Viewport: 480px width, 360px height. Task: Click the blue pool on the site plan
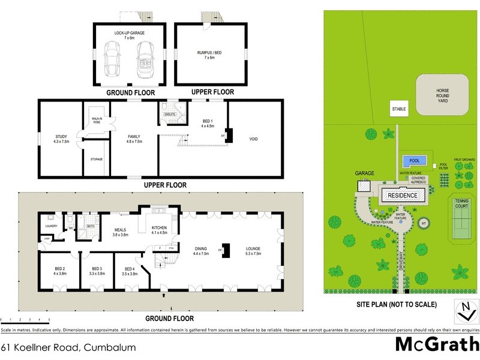pos(414,161)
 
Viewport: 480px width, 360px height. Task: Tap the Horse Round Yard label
pos(442,96)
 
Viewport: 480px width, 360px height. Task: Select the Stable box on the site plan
pos(399,110)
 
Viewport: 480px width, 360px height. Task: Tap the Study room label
pos(61,139)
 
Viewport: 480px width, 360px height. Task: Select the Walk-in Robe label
pos(96,121)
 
